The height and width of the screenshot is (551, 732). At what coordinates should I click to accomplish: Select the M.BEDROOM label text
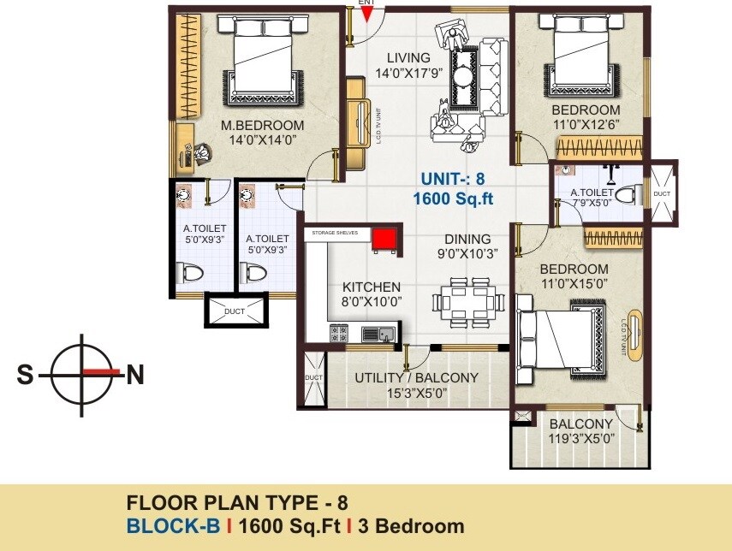coord(262,126)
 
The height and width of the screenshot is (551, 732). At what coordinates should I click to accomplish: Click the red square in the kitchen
coord(383,238)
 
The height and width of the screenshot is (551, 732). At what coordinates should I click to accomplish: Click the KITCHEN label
coord(371,287)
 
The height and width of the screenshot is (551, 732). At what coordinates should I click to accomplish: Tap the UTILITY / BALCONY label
coord(416,377)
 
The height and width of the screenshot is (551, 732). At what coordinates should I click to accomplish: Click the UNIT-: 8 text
coord(452,180)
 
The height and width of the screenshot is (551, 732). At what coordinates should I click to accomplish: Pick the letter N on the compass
coord(134,374)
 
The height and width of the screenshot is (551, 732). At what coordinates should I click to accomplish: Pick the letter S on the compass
coord(27,374)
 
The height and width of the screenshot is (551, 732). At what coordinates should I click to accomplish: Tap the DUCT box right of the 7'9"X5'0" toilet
coord(662,193)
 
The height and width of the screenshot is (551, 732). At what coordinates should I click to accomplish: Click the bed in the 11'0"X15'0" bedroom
coord(562,341)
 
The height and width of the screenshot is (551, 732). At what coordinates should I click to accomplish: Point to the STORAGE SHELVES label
coord(335,231)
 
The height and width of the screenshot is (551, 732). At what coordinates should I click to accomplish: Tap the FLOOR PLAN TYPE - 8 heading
coord(236,503)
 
